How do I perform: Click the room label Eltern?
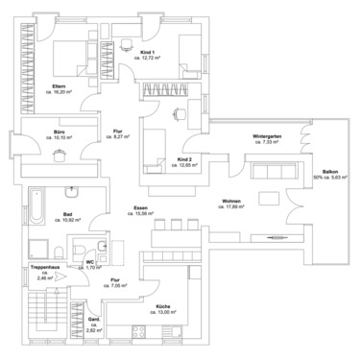tap(59, 87)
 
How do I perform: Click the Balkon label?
tap(330, 171)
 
